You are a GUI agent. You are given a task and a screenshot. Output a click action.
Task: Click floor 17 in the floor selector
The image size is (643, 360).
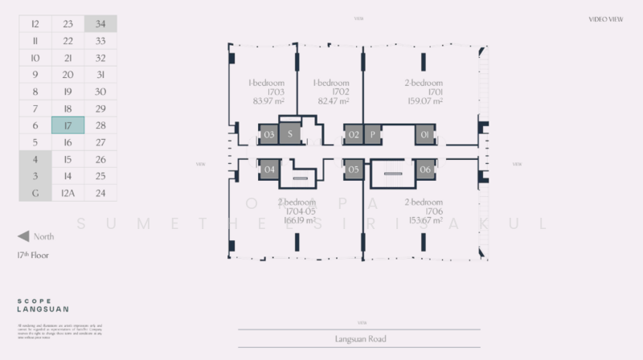(x=68, y=125)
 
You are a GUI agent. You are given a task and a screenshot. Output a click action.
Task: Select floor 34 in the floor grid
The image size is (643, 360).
(x=100, y=24)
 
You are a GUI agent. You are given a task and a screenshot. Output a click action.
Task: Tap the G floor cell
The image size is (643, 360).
(x=35, y=193)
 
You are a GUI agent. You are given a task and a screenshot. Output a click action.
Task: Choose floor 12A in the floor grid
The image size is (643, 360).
(x=68, y=193)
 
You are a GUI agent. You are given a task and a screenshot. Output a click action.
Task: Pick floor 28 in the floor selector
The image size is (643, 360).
(x=100, y=125)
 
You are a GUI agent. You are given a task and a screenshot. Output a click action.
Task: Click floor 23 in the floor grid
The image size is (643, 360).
(x=68, y=24)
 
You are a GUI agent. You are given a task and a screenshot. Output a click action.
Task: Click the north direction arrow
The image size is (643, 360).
(x=23, y=236)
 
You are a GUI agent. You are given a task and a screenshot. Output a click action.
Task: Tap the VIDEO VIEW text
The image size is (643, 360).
(x=607, y=18)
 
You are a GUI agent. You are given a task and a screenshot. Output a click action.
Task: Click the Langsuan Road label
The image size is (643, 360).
(x=360, y=339)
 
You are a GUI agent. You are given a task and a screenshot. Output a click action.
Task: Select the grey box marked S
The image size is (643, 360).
(x=289, y=134)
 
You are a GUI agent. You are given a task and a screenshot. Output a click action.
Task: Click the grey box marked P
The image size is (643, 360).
(x=373, y=134)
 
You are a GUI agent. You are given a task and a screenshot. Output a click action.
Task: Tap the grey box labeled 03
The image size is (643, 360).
(x=269, y=134)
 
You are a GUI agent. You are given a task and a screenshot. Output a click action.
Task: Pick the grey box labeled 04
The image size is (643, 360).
(x=269, y=169)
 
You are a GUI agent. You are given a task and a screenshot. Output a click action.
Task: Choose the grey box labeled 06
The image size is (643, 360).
(x=424, y=169)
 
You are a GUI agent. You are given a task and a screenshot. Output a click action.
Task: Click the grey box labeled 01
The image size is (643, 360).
(x=424, y=134)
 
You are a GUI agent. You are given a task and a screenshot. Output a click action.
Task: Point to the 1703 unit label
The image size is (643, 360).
(x=264, y=92)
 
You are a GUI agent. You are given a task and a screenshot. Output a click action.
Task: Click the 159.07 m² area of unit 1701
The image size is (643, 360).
(x=424, y=101)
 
